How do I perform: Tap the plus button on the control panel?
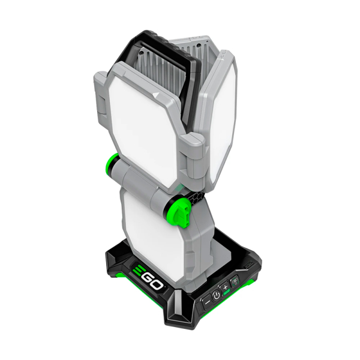(225, 287)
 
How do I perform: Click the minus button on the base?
(207, 302)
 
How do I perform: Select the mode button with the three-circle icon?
(235, 281)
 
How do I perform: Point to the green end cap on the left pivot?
(110, 163)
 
